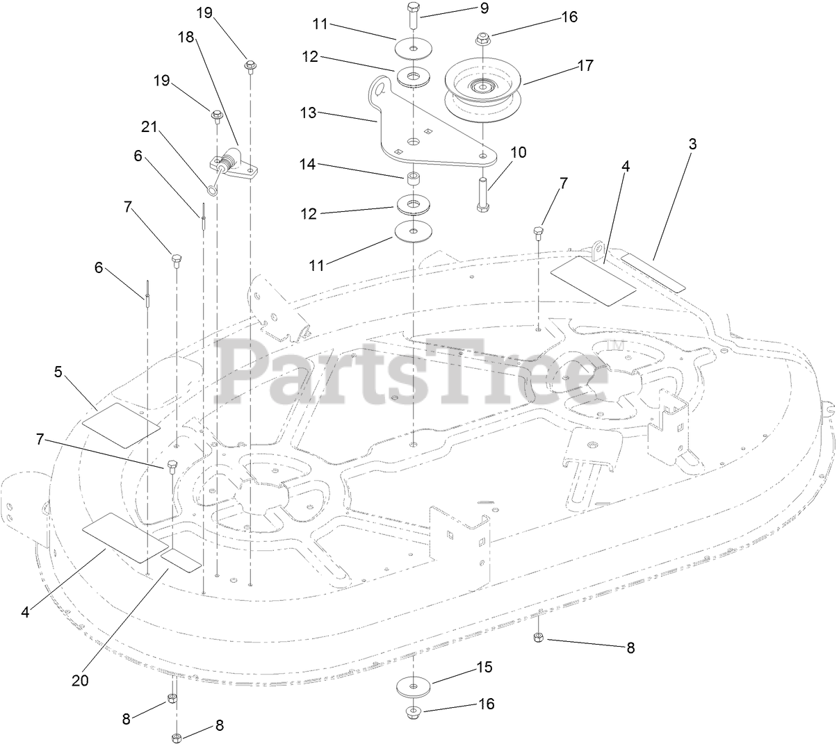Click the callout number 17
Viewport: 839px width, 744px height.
tap(585, 65)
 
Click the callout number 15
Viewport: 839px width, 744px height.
tap(484, 667)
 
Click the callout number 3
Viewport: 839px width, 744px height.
tap(692, 144)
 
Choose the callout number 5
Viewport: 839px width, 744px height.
tap(58, 372)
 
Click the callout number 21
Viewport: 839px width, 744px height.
tap(147, 126)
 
